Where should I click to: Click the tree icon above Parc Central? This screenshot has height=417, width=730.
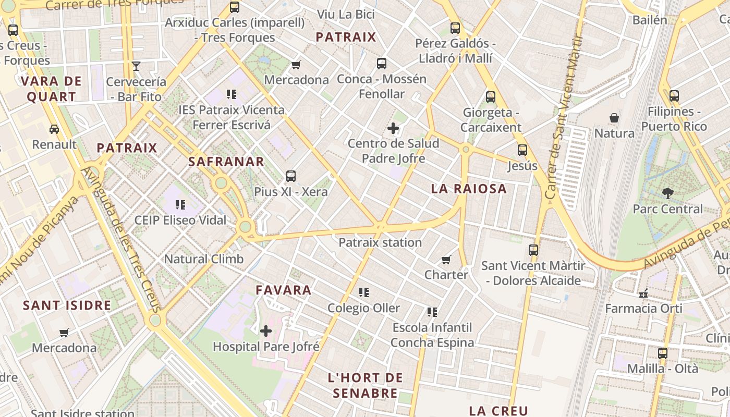(667, 193)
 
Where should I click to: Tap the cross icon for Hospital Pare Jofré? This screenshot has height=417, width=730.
(266, 330)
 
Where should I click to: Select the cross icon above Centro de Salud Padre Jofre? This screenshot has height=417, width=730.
(393, 128)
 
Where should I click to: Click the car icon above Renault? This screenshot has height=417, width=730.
(54, 129)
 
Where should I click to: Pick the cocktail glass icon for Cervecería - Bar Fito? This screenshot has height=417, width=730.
(136, 66)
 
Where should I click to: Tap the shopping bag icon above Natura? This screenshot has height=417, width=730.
(614, 118)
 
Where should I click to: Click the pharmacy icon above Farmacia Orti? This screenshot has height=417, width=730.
(643, 293)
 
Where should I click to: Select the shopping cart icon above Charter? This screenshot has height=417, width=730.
(446, 259)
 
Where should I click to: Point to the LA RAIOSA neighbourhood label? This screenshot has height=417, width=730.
(469, 189)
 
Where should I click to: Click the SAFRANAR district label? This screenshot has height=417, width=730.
(226, 162)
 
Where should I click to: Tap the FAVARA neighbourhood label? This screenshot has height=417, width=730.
(284, 290)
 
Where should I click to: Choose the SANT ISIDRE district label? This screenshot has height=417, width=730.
(67, 305)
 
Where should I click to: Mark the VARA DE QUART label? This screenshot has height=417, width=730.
(51, 89)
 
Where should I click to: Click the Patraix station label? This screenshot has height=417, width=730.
(380, 242)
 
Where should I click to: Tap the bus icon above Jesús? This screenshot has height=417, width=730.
(522, 150)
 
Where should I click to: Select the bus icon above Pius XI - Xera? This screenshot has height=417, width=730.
(291, 176)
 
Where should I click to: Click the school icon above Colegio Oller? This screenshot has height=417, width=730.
(364, 292)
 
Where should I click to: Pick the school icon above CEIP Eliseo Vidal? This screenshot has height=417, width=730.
(180, 204)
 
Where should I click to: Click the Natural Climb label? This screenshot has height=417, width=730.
(204, 259)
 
